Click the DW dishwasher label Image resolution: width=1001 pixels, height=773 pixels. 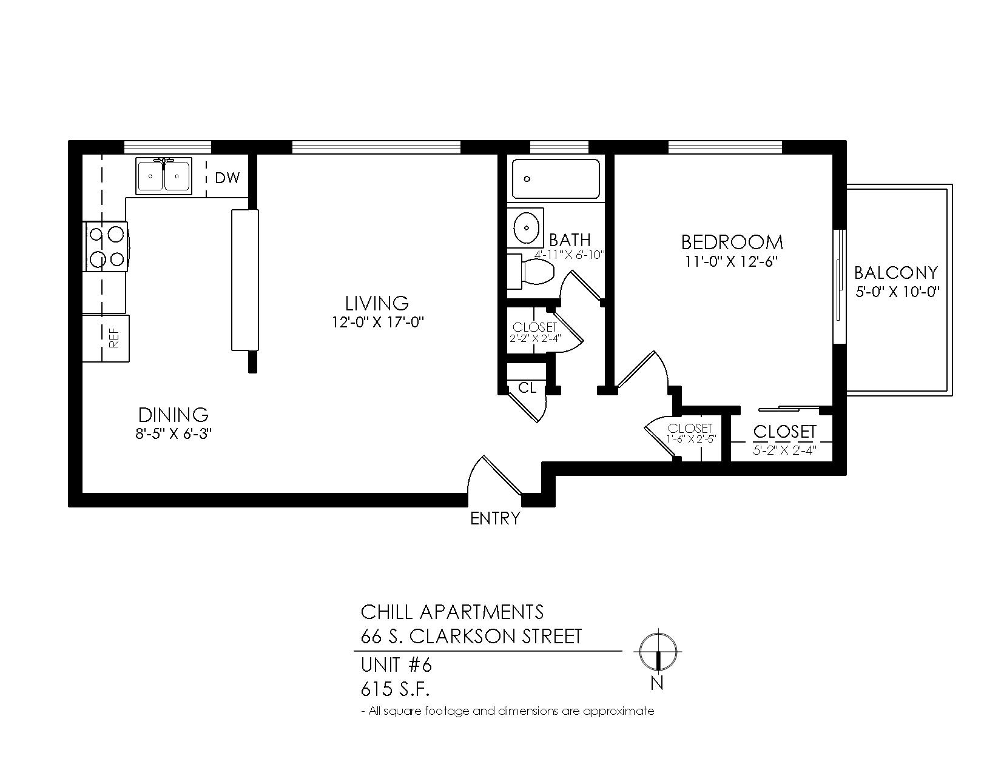click(227, 178)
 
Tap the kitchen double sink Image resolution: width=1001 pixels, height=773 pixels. click(164, 176)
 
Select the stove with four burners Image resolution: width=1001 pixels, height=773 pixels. click(106, 247)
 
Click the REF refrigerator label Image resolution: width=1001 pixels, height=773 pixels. click(114, 338)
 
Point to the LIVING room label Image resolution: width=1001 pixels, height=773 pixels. click(377, 303)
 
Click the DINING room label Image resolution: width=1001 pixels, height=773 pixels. click(174, 415)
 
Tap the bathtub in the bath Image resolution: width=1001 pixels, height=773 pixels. click(556, 179)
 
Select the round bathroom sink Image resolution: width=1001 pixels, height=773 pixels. click(525, 228)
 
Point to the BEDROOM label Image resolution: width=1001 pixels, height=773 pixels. click(732, 242)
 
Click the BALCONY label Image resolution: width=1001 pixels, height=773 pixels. click(896, 273)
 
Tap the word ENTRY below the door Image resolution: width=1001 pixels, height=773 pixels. click(495, 519)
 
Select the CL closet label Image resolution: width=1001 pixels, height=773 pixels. click(527, 388)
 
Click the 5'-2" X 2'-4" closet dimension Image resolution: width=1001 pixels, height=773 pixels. click(784, 450)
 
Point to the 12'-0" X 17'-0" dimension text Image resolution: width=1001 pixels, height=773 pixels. click(377, 322)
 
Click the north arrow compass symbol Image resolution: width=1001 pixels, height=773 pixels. click(658, 652)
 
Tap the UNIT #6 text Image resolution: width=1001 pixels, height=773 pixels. click(396, 665)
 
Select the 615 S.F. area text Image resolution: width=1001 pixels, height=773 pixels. click(395, 690)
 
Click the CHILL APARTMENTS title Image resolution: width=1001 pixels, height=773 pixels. click(452, 612)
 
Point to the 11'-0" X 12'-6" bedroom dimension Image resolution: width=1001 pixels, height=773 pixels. click(731, 261)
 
